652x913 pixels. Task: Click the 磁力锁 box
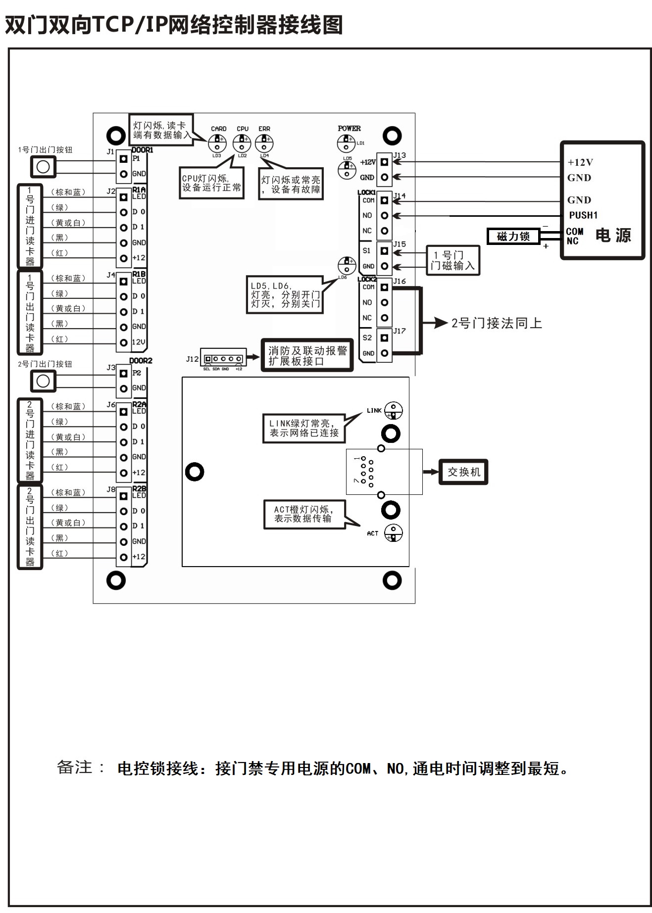tap(513, 237)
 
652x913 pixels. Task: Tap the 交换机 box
tap(463, 472)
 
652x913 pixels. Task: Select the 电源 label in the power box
tap(613, 235)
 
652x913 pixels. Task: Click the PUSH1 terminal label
tap(583, 215)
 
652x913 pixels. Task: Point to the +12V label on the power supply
tap(580, 162)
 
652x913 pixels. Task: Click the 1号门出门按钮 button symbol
tap(43, 167)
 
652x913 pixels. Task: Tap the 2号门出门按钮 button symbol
tap(43, 381)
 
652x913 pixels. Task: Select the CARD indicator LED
tap(217, 144)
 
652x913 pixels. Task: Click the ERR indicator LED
tap(264, 144)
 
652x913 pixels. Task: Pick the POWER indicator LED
tap(346, 144)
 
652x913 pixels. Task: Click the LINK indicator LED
tap(394, 411)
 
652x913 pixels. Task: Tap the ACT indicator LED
tap(394, 533)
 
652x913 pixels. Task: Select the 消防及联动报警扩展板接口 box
tap(307, 355)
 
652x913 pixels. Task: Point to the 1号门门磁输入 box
tap(452, 260)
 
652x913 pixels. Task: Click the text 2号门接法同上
tap(497, 323)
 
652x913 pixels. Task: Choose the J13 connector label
tap(399, 155)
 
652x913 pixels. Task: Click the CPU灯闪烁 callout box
tap(211, 183)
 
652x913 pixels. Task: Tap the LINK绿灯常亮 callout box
tap(303, 428)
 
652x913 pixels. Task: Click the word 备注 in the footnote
tap(75, 768)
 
